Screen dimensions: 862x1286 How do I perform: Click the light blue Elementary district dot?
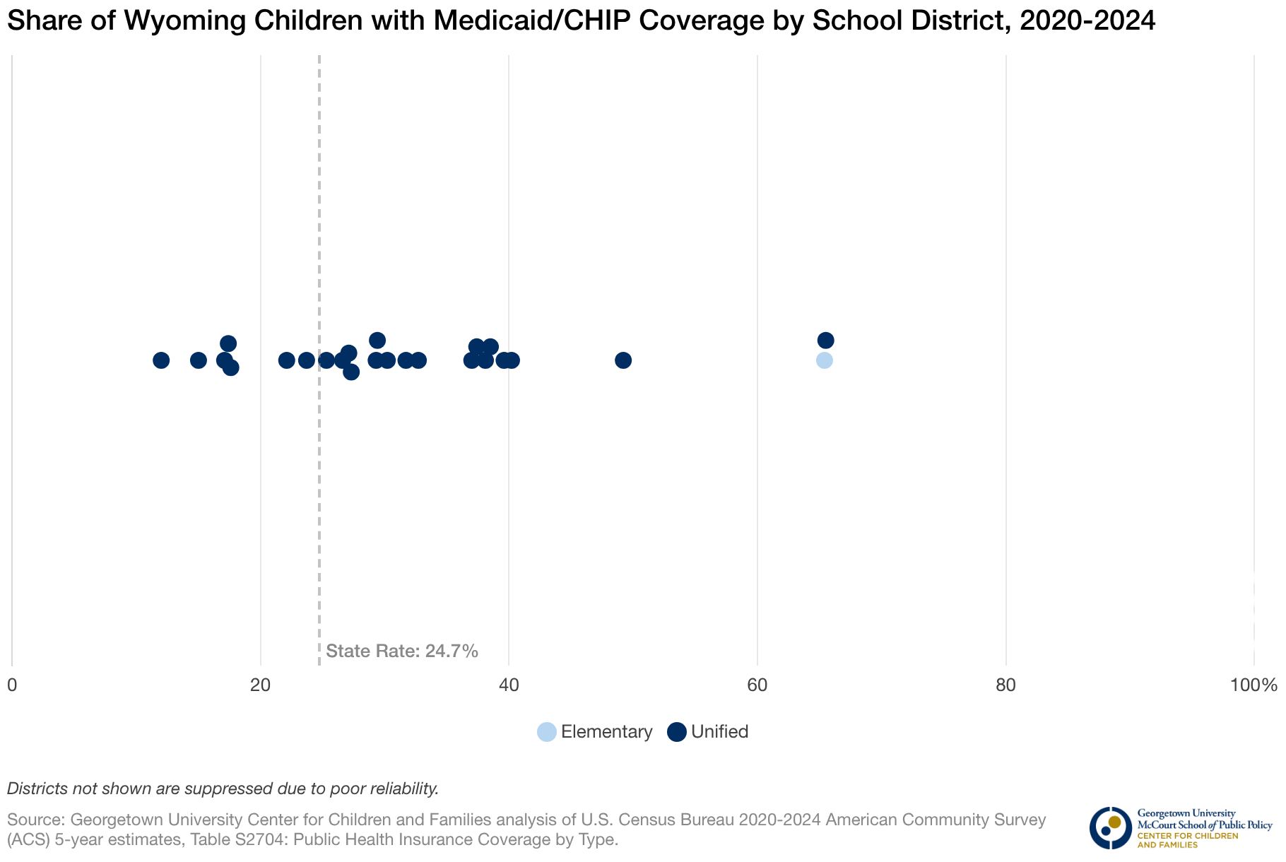click(x=824, y=360)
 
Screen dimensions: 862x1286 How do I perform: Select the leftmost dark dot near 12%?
click(x=161, y=360)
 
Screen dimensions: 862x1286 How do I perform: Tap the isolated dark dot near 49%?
click(x=623, y=360)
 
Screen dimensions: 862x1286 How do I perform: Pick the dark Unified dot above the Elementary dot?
click(x=825, y=341)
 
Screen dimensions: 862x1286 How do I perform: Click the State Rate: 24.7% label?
click(x=402, y=651)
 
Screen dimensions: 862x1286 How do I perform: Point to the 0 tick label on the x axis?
click(x=12, y=685)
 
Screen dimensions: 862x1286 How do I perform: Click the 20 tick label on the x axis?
click(x=261, y=685)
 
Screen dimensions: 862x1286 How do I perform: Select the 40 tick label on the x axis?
click(x=509, y=685)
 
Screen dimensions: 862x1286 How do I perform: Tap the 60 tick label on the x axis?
click(x=757, y=685)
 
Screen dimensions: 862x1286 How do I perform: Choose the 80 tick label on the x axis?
click(x=1005, y=685)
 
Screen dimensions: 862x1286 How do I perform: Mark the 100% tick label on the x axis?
click(x=1253, y=685)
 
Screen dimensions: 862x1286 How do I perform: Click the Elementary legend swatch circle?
click(x=547, y=732)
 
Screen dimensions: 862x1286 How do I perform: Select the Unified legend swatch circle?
click(x=677, y=732)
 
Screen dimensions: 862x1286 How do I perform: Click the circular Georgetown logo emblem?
click(x=1110, y=827)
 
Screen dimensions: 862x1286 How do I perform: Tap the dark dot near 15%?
click(x=199, y=360)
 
